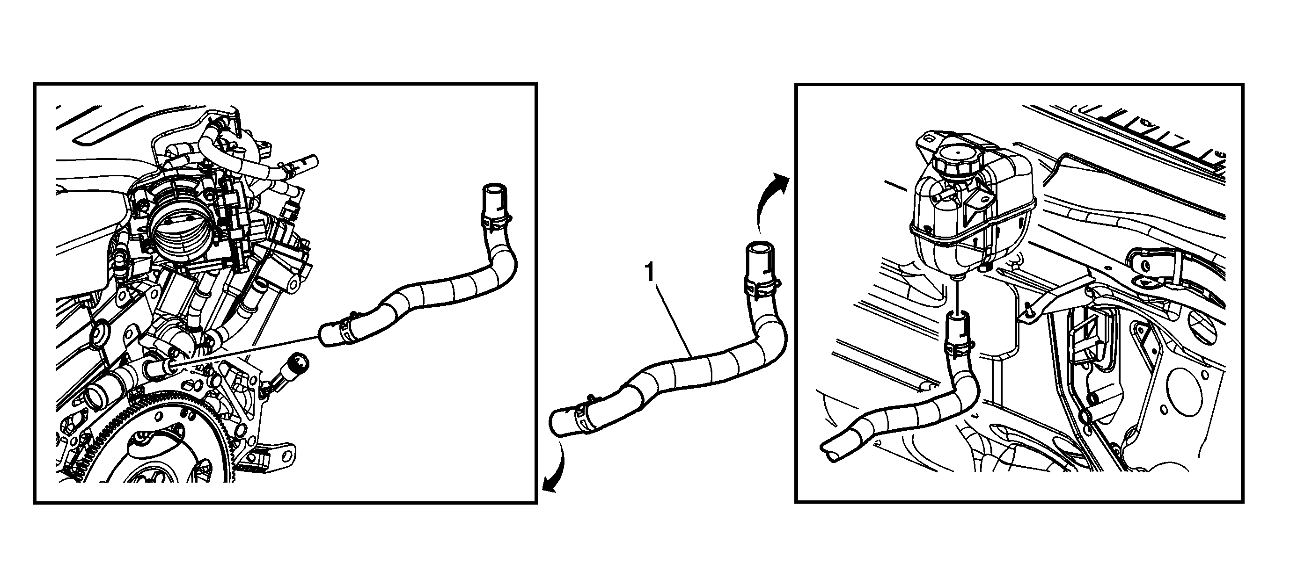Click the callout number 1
pos(649,273)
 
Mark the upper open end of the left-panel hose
pos(494,190)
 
